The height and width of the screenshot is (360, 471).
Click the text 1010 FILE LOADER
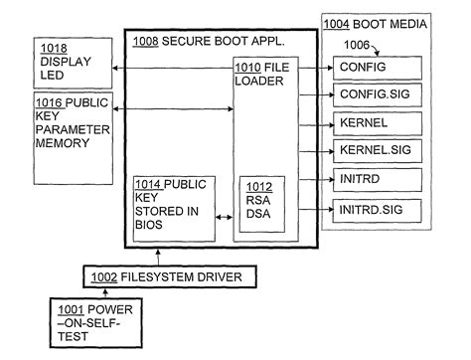(263, 73)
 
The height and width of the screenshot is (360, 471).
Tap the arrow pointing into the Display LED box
(117, 68)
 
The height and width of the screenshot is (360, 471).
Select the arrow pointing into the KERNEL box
(328, 124)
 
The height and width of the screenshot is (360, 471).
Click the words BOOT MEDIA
(396, 22)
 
